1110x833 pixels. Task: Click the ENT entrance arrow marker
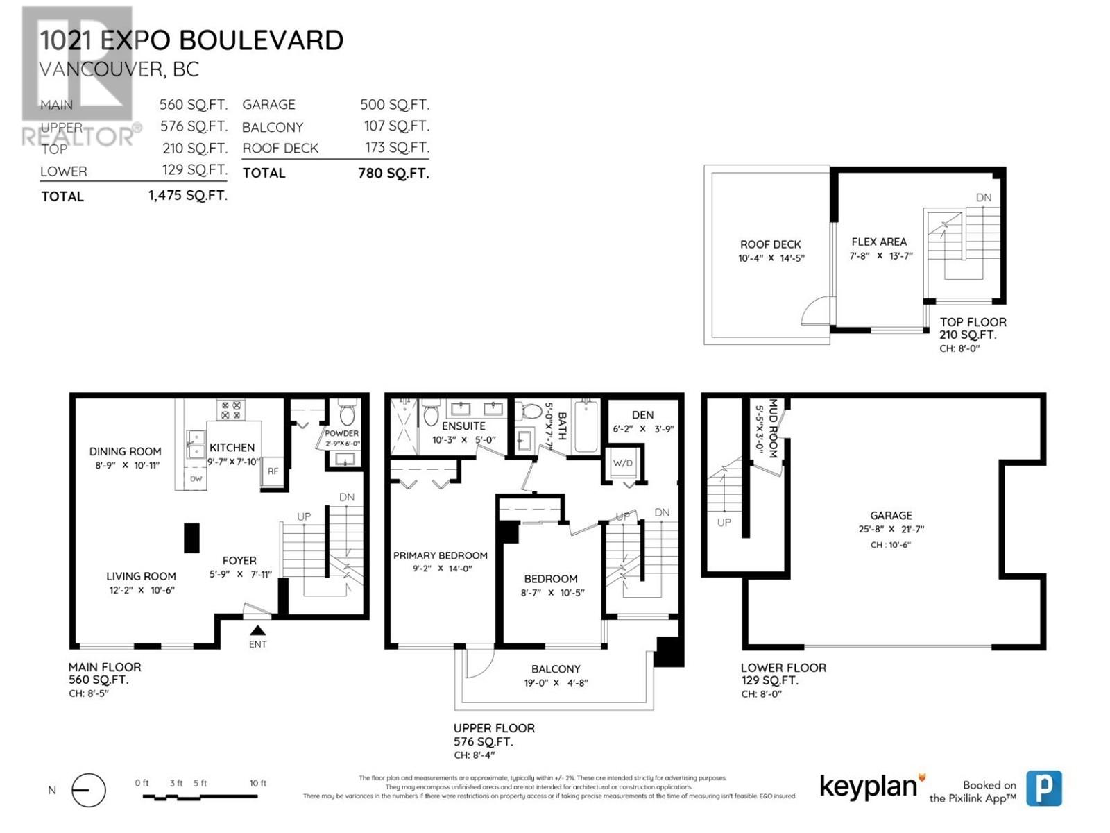[x=257, y=630]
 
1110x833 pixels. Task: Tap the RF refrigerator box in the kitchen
[x=273, y=471]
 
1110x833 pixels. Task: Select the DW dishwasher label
[x=196, y=479]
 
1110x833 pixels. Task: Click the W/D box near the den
[x=622, y=463]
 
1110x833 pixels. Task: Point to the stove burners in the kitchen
[x=231, y=410]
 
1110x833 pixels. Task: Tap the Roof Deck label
[x=770, y=244]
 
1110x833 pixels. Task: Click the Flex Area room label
[x=879, y=242]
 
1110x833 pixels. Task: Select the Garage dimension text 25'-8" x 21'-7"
[x=891, y=529]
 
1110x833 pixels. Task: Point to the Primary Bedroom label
[x=440, y=555]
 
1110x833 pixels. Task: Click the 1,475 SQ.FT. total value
[x=187, y=196]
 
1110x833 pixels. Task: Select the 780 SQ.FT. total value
[x=393, y=173]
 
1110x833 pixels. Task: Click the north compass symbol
[x=89, y=790]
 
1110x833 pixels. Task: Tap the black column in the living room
[x=191, y=538]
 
